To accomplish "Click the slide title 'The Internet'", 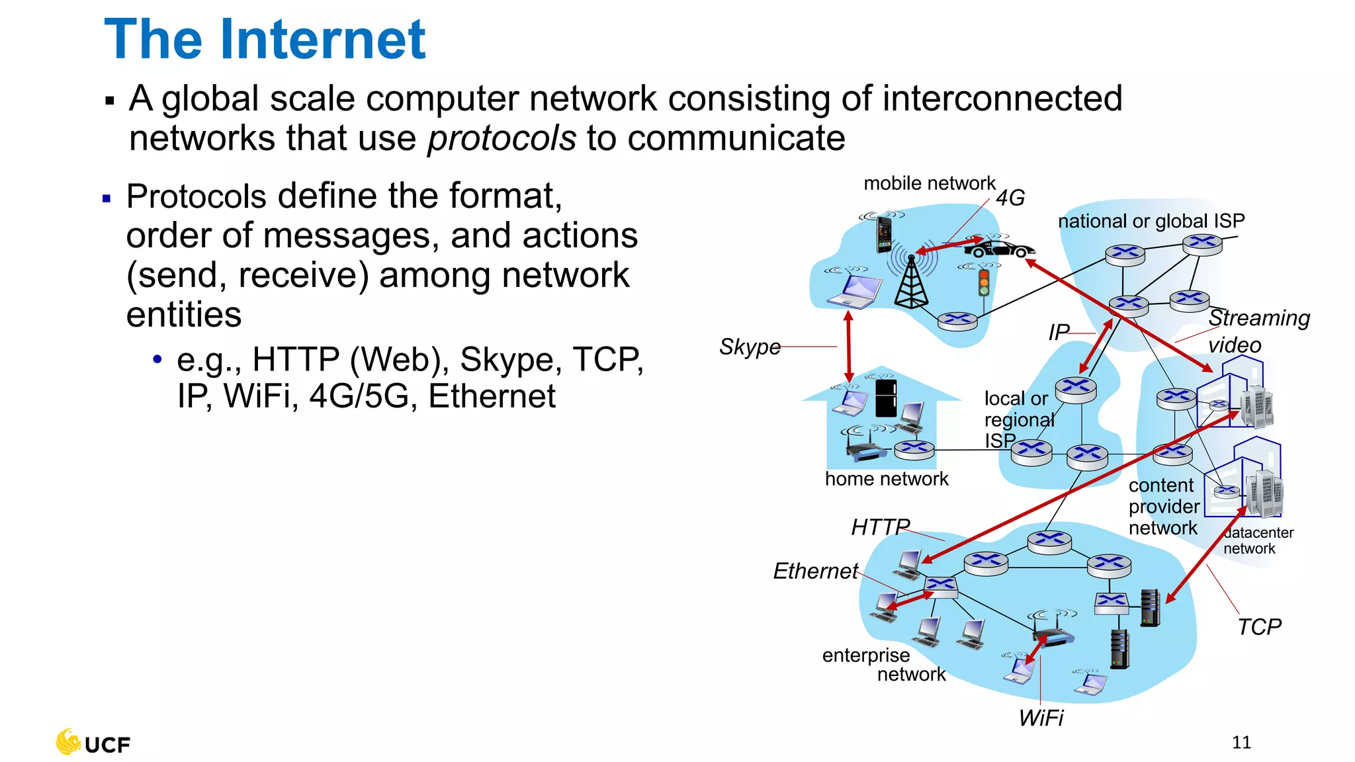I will pyautogui.click(x=265, y=40).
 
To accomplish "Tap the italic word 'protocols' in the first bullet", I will pyautogui.click(x=502, y=139).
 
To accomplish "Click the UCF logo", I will pyautogui.click(x=93, y=743).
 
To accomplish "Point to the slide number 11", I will pyautogui.click(x=1241, y=742).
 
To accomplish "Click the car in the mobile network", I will pyautogui.click(x=999, y=249).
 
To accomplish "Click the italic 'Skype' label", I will pyautogui.click(x=750, y=347).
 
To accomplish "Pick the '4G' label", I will pyautogui.click(x=1010, y=198).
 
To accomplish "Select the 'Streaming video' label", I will pyautogui.click(x=1257, y=331).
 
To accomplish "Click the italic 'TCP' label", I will pyautogui.click(x=1259, y=626).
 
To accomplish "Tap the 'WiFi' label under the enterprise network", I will pyautogui.click(x=1041, y=718).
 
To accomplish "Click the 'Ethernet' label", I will pyautogui.click(x=815, y=571).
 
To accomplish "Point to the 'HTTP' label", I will pyautogui.click(x=880, y=527).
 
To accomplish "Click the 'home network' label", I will pyautogui.click(x=887, y=479).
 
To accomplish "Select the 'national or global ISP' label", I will pyautogui.click(x=1151, y=221).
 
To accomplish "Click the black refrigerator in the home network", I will pyautogui.click(x=886, y=397).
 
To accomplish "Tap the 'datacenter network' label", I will pyautogui.click(x=1257, y=540).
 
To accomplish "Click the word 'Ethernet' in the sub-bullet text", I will pyautogui.click(x=492, y=397).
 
